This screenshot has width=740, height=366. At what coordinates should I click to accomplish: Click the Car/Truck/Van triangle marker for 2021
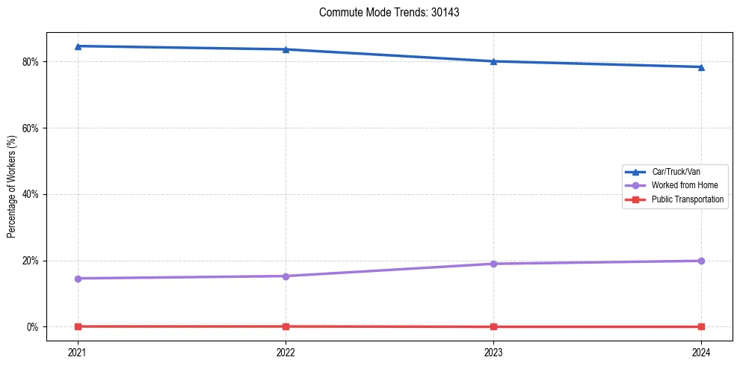pos(78,46)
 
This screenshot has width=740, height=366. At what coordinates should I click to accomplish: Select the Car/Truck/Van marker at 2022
pos(286,49)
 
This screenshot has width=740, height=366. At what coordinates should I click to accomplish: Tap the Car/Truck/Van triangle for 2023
pos(493,61)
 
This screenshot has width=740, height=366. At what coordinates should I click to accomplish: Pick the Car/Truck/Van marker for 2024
pos(701,67)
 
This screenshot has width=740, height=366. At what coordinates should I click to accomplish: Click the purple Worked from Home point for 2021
pos(78,279)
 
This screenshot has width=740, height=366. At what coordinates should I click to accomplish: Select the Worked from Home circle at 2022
pos(286,276)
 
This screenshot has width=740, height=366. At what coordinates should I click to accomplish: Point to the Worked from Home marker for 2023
pos(493,264)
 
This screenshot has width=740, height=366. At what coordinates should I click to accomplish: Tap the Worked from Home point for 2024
pos(701,261)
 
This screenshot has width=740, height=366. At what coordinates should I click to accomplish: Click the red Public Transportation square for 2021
pos(78,326)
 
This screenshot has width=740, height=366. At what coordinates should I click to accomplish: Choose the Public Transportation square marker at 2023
pos(493,326)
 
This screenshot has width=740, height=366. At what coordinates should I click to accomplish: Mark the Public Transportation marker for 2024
pos(701,326)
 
